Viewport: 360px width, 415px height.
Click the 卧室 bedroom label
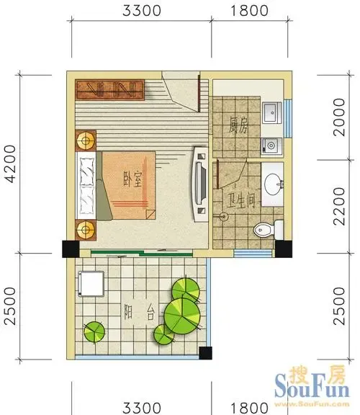132,179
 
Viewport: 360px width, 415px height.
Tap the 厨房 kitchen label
238,125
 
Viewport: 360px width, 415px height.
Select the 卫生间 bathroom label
241,200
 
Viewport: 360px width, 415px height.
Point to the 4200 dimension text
11,164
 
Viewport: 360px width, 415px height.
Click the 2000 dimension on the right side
339,117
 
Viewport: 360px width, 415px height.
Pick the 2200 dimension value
339,207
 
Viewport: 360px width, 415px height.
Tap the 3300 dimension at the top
142,11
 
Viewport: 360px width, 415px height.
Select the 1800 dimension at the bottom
249,408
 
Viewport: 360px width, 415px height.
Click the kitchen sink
272,113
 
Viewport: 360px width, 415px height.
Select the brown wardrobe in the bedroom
110,90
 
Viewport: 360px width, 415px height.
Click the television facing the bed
201,184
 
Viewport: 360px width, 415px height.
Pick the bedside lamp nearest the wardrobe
86,140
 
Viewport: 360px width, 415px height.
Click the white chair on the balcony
91,283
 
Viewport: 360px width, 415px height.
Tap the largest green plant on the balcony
182,316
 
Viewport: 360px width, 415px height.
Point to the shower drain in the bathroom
224,217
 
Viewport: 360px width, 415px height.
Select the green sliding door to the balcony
142,253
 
